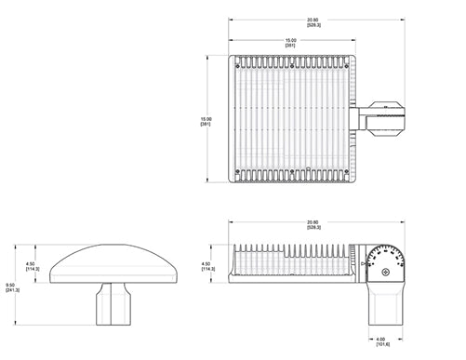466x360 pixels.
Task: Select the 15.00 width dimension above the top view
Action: click(291, 40)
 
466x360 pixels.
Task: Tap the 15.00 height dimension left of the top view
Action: click(206, 120)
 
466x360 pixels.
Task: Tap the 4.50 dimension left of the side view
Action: click(206, 266)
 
